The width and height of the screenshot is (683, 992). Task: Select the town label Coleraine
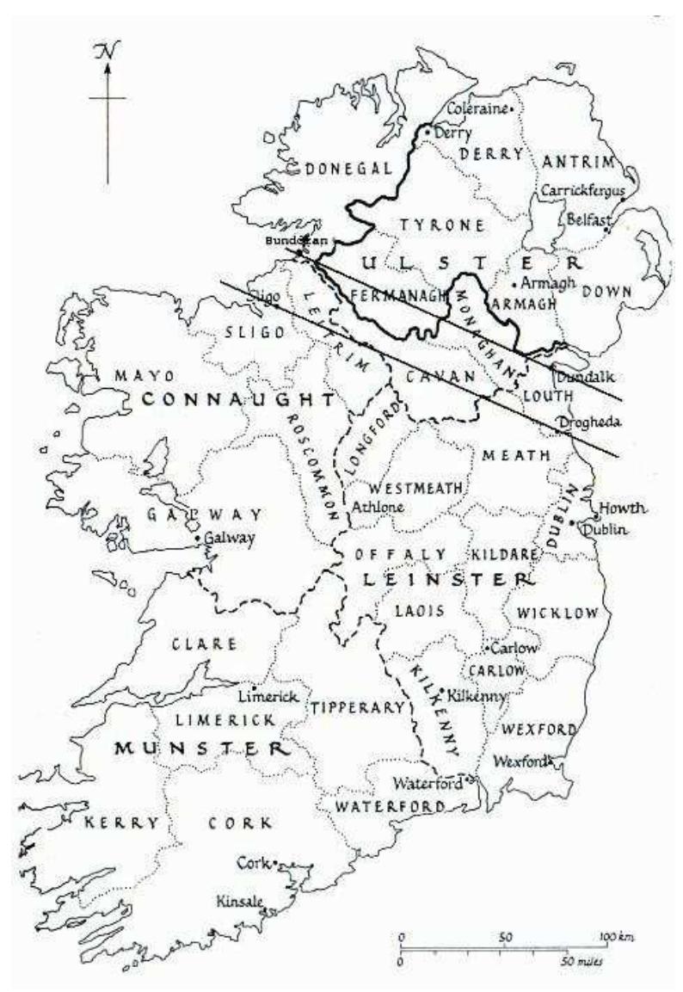pyautogui.click(x=477, y=109)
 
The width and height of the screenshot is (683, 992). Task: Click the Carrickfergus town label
pyautogui.click(x=581, y=190)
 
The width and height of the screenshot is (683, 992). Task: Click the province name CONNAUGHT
pyautogui.click(x=237, y=400)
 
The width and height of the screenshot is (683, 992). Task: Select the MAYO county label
pyautogui.click(x=145, y=377)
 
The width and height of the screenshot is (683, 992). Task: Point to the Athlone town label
pyautogui.click(x=378, y=507)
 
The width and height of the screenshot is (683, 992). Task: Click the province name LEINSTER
pyautogui.click(x=443, y=581)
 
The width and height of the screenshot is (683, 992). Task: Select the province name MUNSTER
pyautogui.click(x=200, y=748)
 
